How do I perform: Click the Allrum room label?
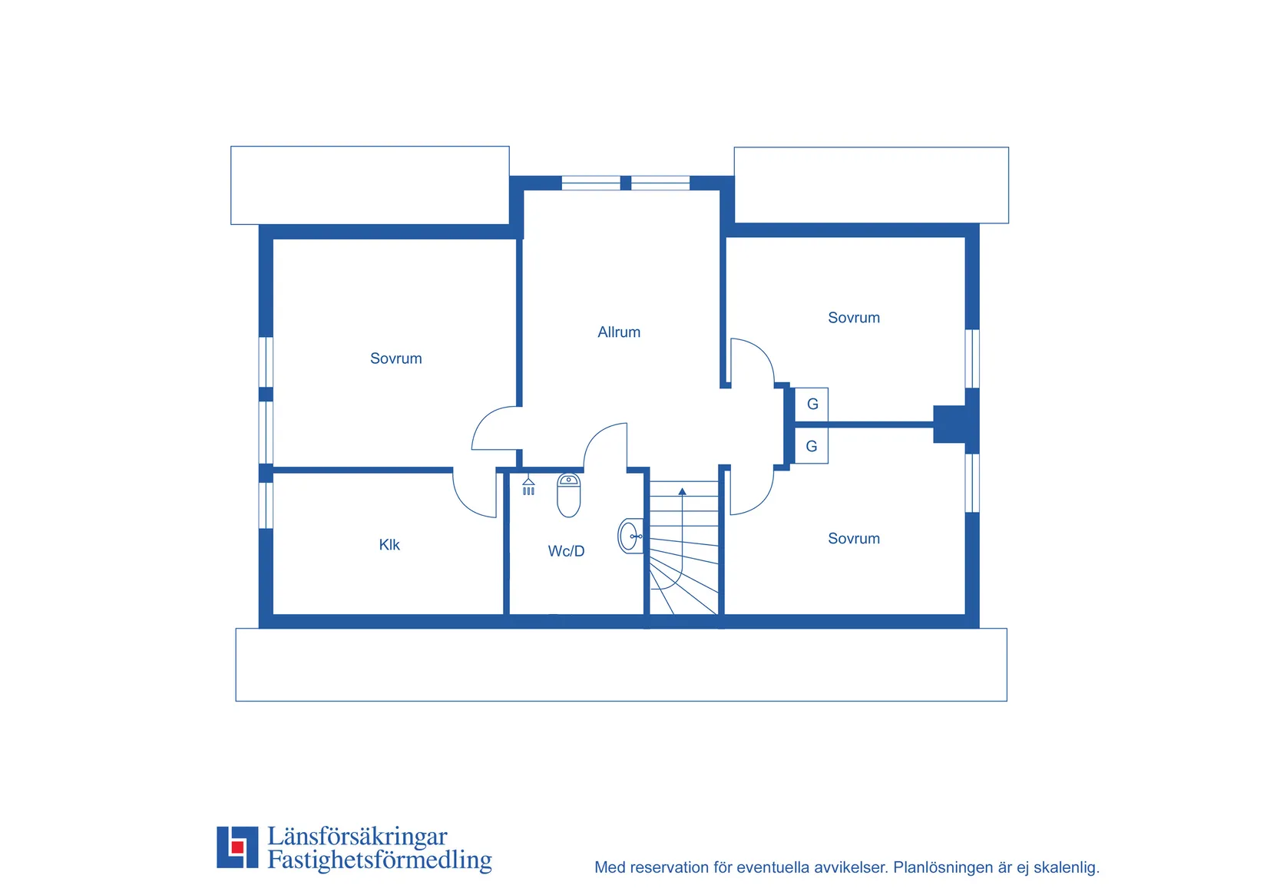[619, 332]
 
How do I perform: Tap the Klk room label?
[389, 544]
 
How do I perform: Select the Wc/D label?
[566, 550]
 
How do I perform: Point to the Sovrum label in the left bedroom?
[396, 358]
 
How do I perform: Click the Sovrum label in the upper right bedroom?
[854, 318]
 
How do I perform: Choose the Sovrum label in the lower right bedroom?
[854, 538]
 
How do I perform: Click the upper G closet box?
[812, 405]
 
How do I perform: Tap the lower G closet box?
[812, 446]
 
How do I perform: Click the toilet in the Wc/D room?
[568, 495]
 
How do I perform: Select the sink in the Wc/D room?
[630, 536]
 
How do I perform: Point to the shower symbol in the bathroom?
[528, 485]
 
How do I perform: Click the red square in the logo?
[237, 847]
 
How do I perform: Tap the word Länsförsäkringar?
[357, 836]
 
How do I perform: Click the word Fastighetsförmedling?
[379, 860]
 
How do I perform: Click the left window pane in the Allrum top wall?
[590, 183]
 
